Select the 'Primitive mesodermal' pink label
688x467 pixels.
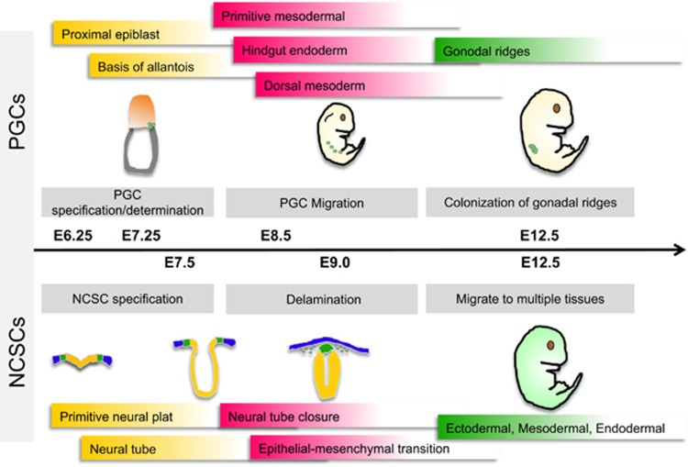(x=272, y=15)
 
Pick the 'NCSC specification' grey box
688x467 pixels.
(x=128, y=298)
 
